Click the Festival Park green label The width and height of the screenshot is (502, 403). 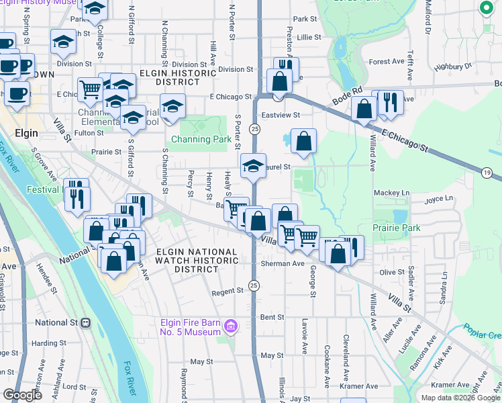45,189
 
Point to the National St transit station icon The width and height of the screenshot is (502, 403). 86,323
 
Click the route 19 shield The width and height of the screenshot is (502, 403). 487,173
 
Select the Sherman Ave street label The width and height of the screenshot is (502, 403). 283,264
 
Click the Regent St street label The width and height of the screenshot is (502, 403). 227,292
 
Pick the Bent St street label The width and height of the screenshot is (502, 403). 272,316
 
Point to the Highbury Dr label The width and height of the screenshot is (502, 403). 454,66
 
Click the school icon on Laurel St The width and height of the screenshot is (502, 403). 252,166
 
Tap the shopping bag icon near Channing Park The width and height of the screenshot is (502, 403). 304,142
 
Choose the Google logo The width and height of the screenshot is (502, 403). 23,396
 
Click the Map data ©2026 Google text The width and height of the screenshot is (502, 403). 460,397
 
